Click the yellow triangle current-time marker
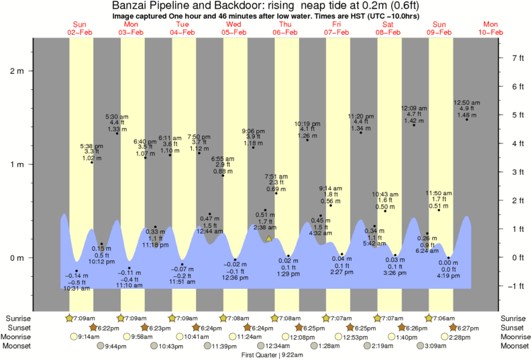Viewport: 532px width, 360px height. pos(269,238)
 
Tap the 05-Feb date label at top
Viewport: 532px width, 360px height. pos(234,32)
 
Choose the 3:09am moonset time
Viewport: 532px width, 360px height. pos(434,346)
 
